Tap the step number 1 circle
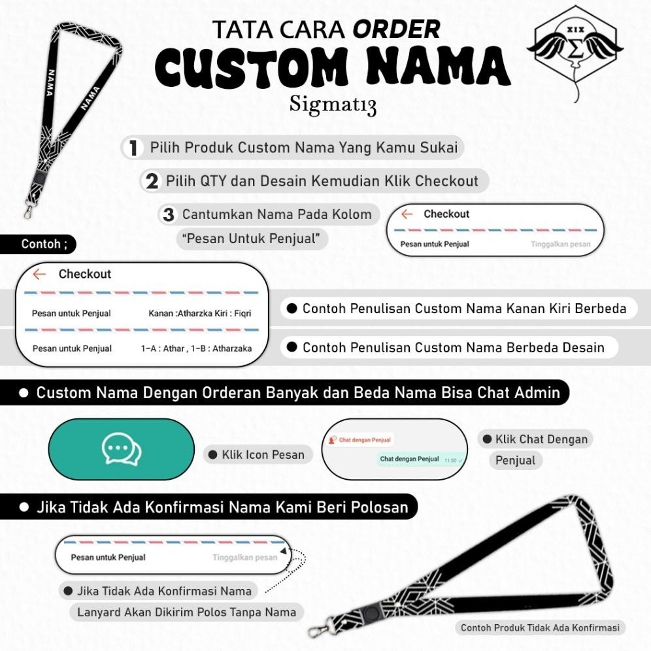coord(133,148)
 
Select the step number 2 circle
coord(152,181)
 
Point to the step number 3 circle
coord(169,214)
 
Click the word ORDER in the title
coord(397,29)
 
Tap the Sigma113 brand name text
coord(333,105)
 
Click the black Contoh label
coord(38,244)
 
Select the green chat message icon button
coord(122,450)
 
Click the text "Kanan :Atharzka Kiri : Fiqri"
coord(199,314)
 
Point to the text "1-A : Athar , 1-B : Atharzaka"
coord(196,348)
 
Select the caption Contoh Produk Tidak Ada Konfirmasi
coord(540,627)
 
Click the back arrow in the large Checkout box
coord(39,275)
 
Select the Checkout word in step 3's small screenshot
coord(446,214)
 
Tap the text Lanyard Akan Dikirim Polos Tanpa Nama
coord(186,612)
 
